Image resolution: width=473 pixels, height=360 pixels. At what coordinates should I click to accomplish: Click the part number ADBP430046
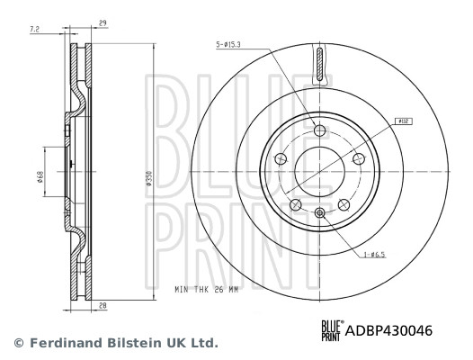[x=388, y=331]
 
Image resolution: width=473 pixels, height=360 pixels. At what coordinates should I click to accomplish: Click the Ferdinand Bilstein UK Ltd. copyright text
[x=114, y=343]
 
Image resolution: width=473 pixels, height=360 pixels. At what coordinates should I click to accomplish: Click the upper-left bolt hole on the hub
[x=281, y=159]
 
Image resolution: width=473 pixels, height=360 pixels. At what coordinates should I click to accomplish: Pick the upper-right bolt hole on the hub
[x=358, y=158]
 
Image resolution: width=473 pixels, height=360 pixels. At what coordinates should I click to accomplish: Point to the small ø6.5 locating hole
[x=319, y=212]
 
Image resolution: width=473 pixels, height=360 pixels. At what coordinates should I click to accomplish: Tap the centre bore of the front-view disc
[x=319, y=171]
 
